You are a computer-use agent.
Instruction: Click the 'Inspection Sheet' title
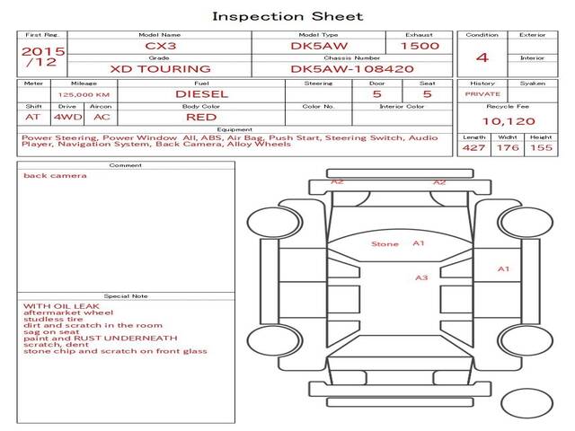point(287,16)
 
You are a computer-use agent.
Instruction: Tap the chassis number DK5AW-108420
point(351,68)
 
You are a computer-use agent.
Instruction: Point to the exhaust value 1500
point(420,45)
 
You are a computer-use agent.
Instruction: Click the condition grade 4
point(482,57)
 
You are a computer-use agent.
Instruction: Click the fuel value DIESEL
point(201,92)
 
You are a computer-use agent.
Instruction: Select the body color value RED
point(201,116)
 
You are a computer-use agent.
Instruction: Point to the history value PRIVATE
point(482,93)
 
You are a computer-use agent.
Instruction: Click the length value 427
point(473,147)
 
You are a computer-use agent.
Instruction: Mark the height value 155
point(541,147)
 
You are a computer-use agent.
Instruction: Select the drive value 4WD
point(64,116)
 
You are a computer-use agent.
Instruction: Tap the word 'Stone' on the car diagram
point(385,243)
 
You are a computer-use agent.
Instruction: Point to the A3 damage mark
point(421,277)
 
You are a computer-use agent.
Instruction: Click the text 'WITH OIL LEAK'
point(54,305)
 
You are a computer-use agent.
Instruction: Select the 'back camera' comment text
point(56,175)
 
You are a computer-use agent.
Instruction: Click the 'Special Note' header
point(125,295)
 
